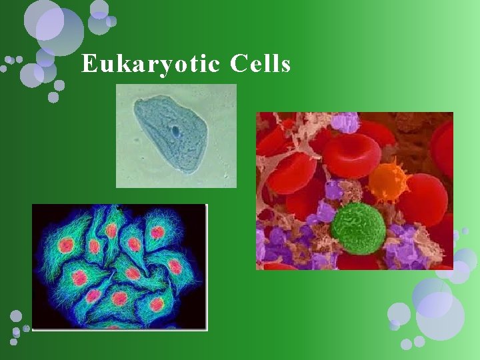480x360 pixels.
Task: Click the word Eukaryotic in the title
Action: point(151,65)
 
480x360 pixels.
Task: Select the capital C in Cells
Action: point(238,64)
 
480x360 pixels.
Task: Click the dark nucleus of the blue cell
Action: point(175,131)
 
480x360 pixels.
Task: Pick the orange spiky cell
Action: point(389,182)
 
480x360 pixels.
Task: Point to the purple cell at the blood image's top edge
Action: point(345,122)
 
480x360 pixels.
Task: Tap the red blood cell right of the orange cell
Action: point(423,199)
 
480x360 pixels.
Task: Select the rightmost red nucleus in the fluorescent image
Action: point(175,266)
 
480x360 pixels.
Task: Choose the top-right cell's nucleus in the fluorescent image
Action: point(157,232)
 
